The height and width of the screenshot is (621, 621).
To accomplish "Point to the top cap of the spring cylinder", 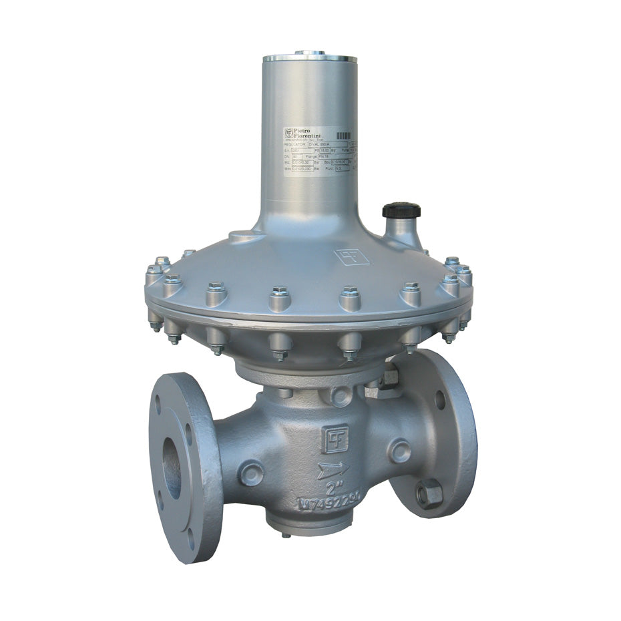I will (309, 54).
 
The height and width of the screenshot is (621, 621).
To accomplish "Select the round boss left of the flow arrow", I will (250, 473).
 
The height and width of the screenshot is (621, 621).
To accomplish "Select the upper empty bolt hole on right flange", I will (439, 399).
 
